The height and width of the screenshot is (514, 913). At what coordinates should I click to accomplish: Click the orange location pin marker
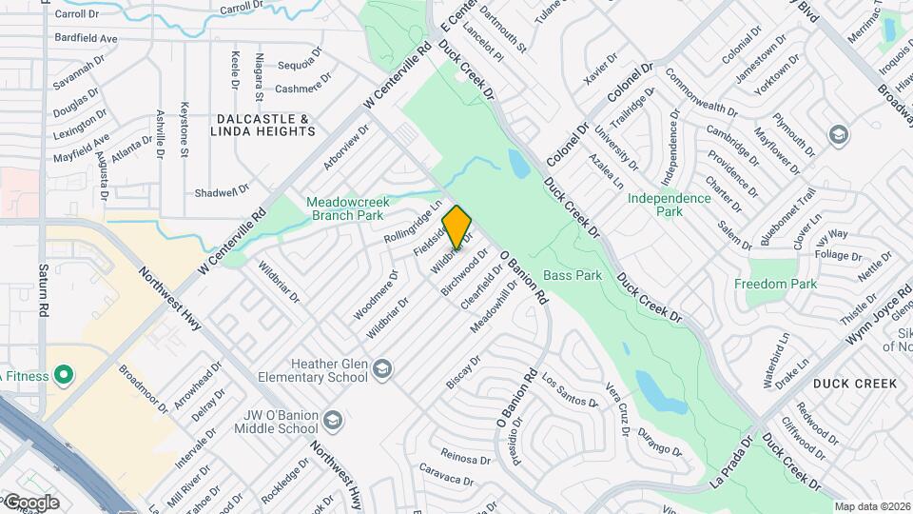coord(457,227)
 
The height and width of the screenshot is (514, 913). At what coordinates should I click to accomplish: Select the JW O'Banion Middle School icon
coord(332,420)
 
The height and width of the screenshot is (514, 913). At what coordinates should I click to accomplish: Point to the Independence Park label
coord(670,205)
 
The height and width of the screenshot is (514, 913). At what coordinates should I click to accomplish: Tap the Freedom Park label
coord(775,284)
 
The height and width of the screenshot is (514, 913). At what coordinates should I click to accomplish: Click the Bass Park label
coord(573,276)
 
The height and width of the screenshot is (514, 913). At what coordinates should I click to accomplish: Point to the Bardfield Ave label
coord(86,39)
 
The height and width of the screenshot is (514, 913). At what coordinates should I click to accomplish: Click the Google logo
coord(30,502)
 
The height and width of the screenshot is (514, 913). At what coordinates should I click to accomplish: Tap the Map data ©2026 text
coord(871,506)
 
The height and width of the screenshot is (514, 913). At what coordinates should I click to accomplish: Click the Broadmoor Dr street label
coord(143,388)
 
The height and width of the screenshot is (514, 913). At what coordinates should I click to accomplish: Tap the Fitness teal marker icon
coord(64,375)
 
